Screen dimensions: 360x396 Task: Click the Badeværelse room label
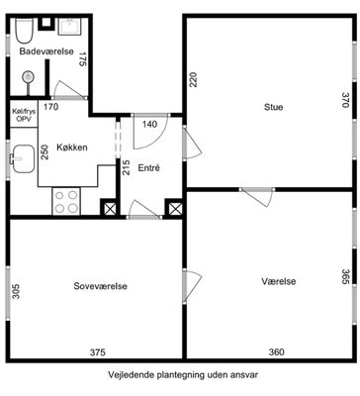coord(46,51)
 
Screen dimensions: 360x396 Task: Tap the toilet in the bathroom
coord(24,31)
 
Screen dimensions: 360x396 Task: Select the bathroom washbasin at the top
coord(70,27)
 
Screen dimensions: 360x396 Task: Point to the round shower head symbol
coord(28,77)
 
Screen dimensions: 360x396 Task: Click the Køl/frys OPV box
coord(24,114)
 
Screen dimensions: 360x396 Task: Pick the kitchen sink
coord(23,158)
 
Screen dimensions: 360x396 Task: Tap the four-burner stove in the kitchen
coord(66,201)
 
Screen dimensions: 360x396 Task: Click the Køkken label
coord(72,148)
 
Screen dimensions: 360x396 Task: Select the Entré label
coord(148,168)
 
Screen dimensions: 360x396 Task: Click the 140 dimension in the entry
coord(150,125)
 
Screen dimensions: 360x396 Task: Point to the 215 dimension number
coord(127,167)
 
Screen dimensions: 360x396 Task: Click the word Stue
coord(273,107)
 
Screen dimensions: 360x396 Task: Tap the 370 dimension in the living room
coord(345,100)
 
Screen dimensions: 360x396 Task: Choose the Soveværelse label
coord(100,286)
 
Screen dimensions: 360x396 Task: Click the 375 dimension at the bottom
coord(98,352)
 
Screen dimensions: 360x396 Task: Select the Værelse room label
coord(279,281)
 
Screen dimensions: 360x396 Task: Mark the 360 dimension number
coord(276,352)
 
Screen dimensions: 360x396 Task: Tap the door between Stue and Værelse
coord(257,196)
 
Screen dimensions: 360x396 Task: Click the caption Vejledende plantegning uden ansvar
coord(183,375)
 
